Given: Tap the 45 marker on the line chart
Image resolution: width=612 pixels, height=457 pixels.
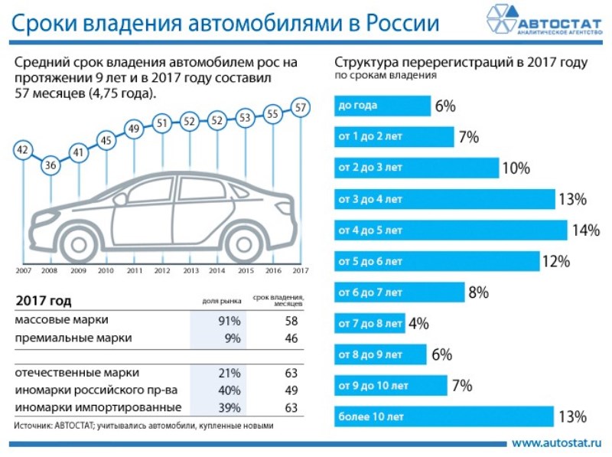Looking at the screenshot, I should (106, 141).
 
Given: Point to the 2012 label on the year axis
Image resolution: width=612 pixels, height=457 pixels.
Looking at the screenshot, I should (162, 270).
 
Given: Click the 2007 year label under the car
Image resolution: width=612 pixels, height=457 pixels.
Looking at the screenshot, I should (23, 270).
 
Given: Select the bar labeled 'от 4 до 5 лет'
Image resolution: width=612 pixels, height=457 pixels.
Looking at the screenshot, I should (450, 230).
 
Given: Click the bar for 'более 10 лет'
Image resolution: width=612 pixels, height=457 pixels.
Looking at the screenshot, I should (443, 416).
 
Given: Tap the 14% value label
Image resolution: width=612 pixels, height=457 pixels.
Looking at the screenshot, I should (585, 230).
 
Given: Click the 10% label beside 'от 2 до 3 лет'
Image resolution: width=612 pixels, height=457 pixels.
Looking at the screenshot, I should (516, 168).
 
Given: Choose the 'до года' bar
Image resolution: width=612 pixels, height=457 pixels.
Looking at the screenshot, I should (381, 106).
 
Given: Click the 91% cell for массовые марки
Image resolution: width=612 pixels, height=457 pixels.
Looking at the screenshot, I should (229, 321).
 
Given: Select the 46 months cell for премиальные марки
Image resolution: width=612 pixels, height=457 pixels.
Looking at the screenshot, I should (291, 338).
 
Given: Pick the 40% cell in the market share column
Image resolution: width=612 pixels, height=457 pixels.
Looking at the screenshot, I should (229, 390).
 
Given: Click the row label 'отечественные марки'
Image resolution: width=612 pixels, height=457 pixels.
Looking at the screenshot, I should (77, 373).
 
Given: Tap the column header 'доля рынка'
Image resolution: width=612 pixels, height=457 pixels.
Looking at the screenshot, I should (217, 302).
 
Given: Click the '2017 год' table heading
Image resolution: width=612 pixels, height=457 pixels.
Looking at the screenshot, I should (44, 301).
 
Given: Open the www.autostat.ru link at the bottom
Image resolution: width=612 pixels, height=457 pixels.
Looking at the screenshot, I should (556, 442).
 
